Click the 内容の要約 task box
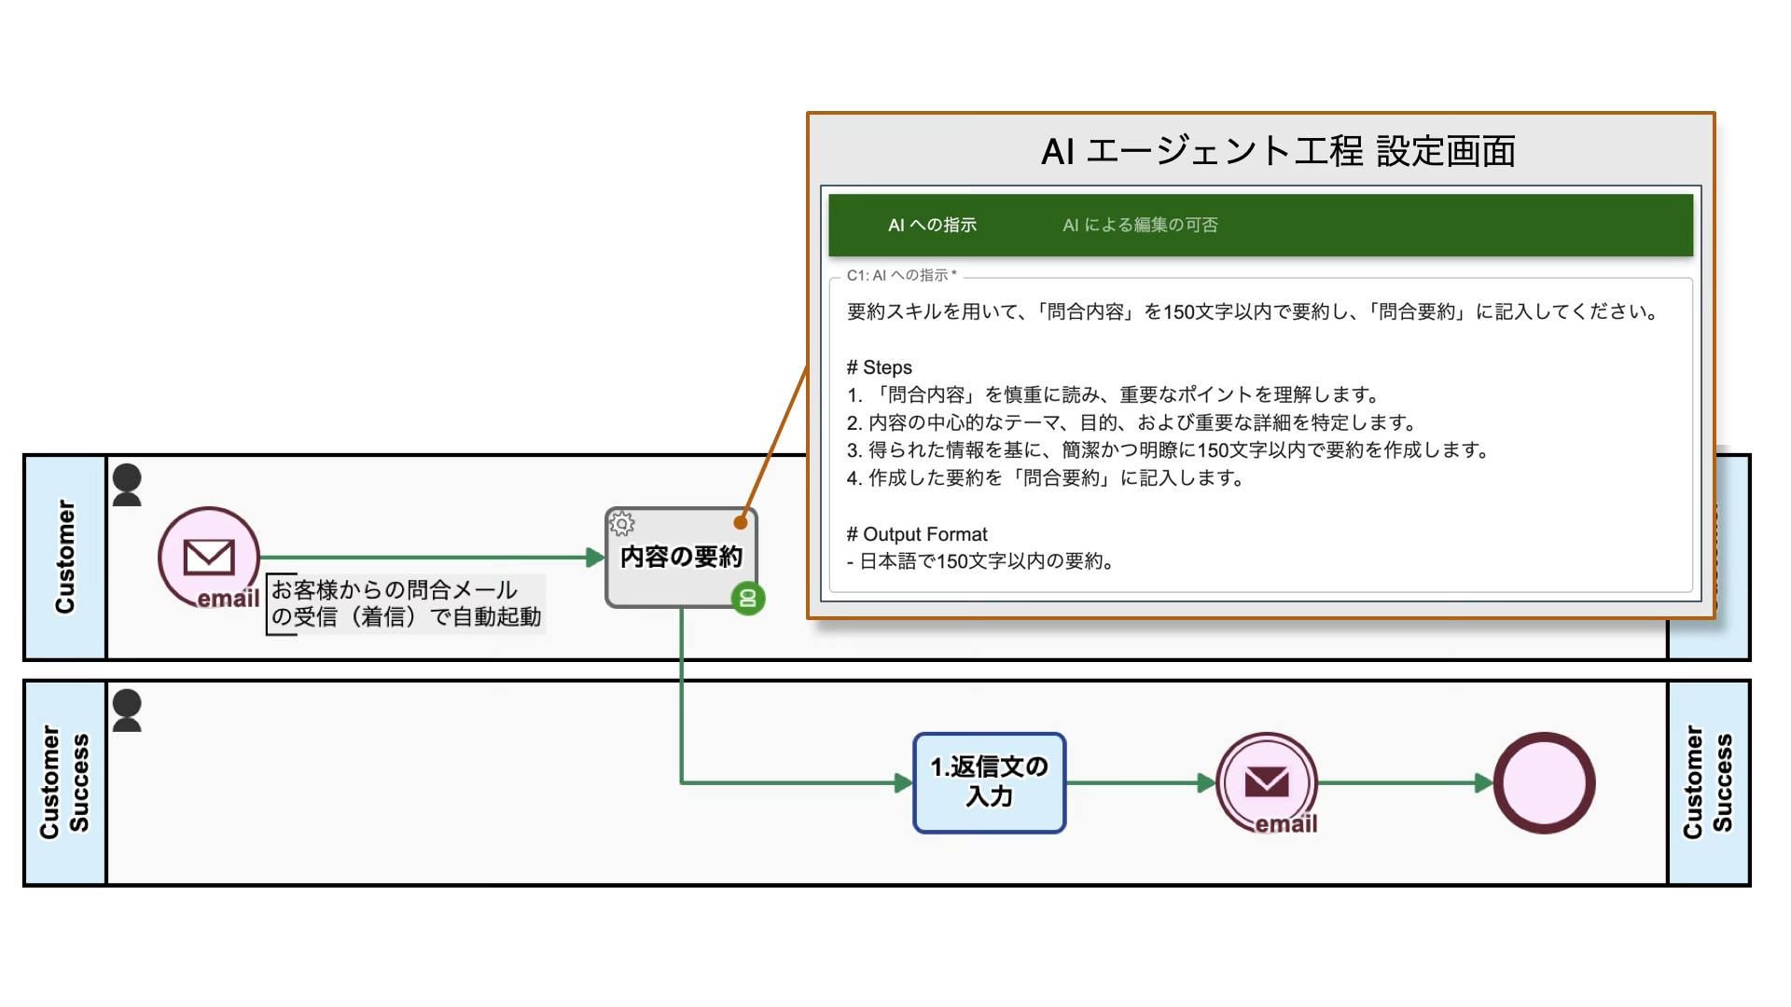[x=681, y=558]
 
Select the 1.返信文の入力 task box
[x=989, y=782]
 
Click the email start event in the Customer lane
[x=209, y=558]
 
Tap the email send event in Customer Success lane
[x=1267, y=782]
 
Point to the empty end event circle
[x=1545, y=782]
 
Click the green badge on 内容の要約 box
[x=747, y=599]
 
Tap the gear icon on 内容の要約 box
[x=621, y=524]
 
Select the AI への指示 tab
[x=932, y=225]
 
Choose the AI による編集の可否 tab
[x=1140, y=225]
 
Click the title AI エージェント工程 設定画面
[x=1278, y=151]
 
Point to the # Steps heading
[x=879, y=367]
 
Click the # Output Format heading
[x=916, y=534]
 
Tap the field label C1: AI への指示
[x=901, y=275]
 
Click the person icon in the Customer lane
[x=127, y=485]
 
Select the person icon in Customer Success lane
[x=127, y=710]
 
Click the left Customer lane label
[x=65, y=558]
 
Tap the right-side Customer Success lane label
[x=1707, y=782]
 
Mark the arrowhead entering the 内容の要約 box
[x=595, y=558]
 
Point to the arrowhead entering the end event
[x=1484, y=782]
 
